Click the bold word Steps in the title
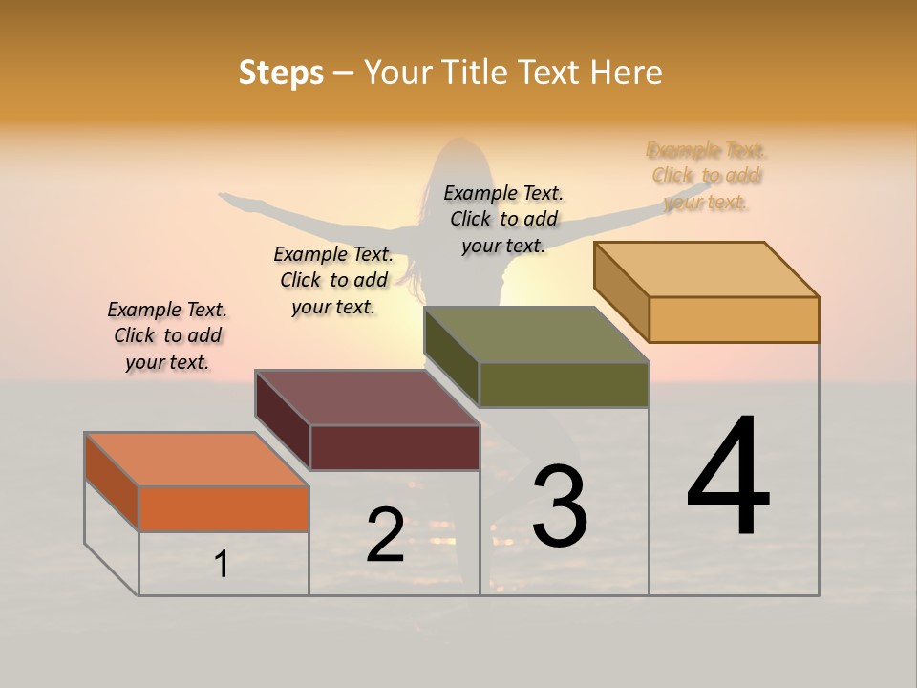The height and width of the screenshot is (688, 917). [281, 73]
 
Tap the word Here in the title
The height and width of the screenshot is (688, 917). [626, 73]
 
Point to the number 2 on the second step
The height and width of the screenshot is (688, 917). [385, 534]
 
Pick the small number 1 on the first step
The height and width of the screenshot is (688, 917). [222, 564]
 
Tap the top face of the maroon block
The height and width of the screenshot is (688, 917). [368, 398]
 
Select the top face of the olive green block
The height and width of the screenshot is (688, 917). [537, 334]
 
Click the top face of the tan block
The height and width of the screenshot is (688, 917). [707, 269]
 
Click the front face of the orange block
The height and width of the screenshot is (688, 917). [224, 508]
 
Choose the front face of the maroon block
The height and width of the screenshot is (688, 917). [395, 447]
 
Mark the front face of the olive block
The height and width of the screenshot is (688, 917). [564, 385]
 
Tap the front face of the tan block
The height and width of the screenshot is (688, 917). [734, 319]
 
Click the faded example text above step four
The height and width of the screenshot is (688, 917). [707, 176]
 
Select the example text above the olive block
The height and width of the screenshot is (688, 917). [503, 219]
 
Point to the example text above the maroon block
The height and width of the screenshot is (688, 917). [333, 280]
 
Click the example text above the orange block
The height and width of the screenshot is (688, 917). [167, 335]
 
